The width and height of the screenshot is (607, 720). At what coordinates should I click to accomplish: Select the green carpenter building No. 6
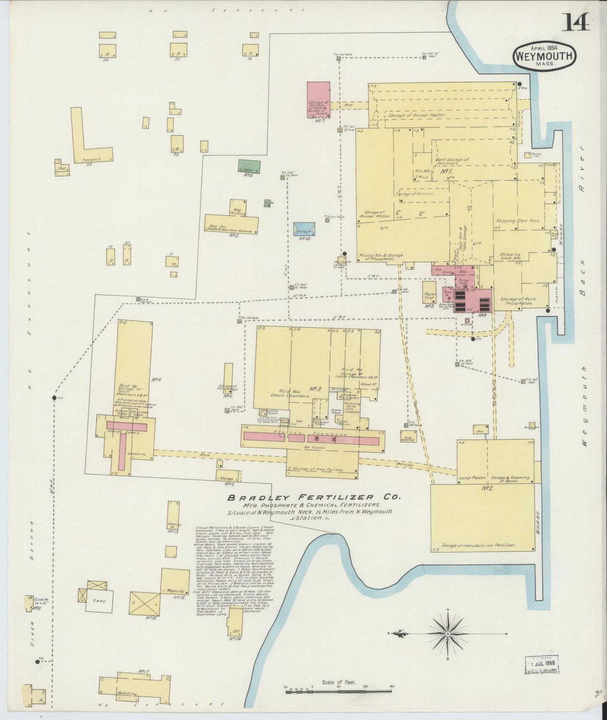pos(249,166)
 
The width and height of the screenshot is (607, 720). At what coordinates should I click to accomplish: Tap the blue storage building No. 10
pos(304,229)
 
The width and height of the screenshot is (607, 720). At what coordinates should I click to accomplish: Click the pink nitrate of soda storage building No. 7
pos(318,100)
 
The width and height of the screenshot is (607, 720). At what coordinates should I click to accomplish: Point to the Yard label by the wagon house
pos(100,601)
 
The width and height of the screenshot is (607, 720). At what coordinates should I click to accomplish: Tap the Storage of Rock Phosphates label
pos(517,301)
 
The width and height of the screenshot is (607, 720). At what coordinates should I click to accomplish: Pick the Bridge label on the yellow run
pos(405,465)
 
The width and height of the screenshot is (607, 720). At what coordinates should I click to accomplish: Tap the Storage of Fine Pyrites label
pos(316,469)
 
